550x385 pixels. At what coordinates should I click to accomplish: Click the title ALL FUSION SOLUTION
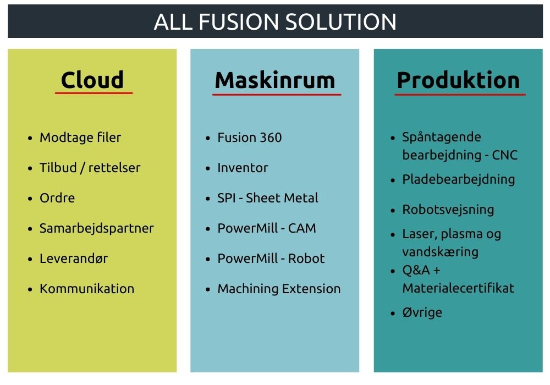point(276,22)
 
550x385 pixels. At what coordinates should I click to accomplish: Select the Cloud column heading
point(92,80)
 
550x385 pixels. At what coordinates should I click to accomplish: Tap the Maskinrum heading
point(275,80)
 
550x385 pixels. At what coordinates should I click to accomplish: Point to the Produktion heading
point(459,80)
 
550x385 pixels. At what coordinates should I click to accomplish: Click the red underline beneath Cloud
point(94,94)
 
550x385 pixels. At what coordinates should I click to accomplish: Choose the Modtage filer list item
point(80,137)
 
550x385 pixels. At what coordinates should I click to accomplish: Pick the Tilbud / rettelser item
point(90,168)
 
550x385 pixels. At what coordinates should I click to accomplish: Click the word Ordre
point(57,198)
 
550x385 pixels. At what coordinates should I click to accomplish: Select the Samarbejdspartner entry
point(97,228)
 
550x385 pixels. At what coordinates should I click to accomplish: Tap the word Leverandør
point(74,258)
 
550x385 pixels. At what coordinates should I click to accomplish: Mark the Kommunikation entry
point(87,289)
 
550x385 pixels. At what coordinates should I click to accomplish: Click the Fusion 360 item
point(249,137)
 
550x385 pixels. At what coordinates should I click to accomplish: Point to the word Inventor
point(243,168)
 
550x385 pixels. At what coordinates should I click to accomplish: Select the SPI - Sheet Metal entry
point(268,198)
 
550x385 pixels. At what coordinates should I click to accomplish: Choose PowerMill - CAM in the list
point(267,228)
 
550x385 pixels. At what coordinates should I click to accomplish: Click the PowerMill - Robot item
point(271,258)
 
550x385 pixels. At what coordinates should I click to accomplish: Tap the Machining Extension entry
point(279,289)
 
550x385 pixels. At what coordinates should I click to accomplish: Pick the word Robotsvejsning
point(448,210)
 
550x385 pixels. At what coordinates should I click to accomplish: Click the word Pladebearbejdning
point(459,179)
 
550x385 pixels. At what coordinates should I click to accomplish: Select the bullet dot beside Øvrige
point(393,313)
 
